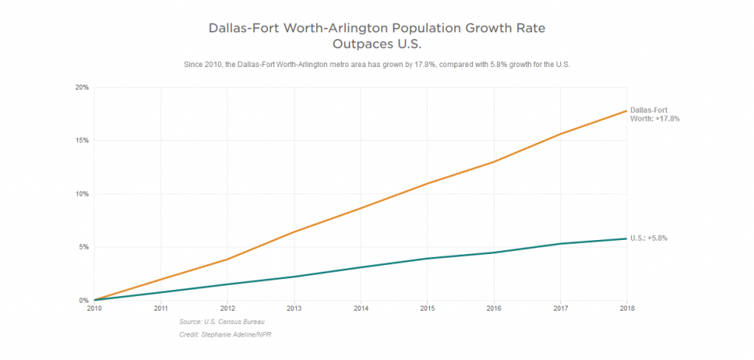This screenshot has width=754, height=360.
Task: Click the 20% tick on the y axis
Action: (x=82, y=88)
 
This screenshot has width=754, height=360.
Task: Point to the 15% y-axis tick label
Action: (x=82, y=141)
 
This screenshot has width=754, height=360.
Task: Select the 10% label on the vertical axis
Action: (x=82, y=194)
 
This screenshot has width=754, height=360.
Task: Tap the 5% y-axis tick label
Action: (x=84, y=247)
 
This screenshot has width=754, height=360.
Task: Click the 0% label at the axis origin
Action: (x=84, y=300)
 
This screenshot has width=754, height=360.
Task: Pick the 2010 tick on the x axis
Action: (x=94, y=308)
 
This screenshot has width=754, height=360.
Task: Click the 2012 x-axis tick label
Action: (x=227, y=308)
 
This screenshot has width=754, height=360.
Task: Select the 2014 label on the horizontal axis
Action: (x=360, y=308)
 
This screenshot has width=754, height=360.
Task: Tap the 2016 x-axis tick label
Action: (x=493, y=308)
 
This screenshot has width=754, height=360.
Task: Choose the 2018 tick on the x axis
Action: (x=626, y=308)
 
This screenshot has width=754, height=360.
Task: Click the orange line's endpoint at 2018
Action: (x=626, y=110)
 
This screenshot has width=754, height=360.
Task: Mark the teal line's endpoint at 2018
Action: (x=626, y=239)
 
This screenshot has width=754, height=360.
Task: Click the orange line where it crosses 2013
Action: (x=294, y=232)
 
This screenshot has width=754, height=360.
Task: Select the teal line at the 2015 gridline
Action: (x=427, y=258)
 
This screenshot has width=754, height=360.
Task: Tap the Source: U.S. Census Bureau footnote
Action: (x=222, y=322)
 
